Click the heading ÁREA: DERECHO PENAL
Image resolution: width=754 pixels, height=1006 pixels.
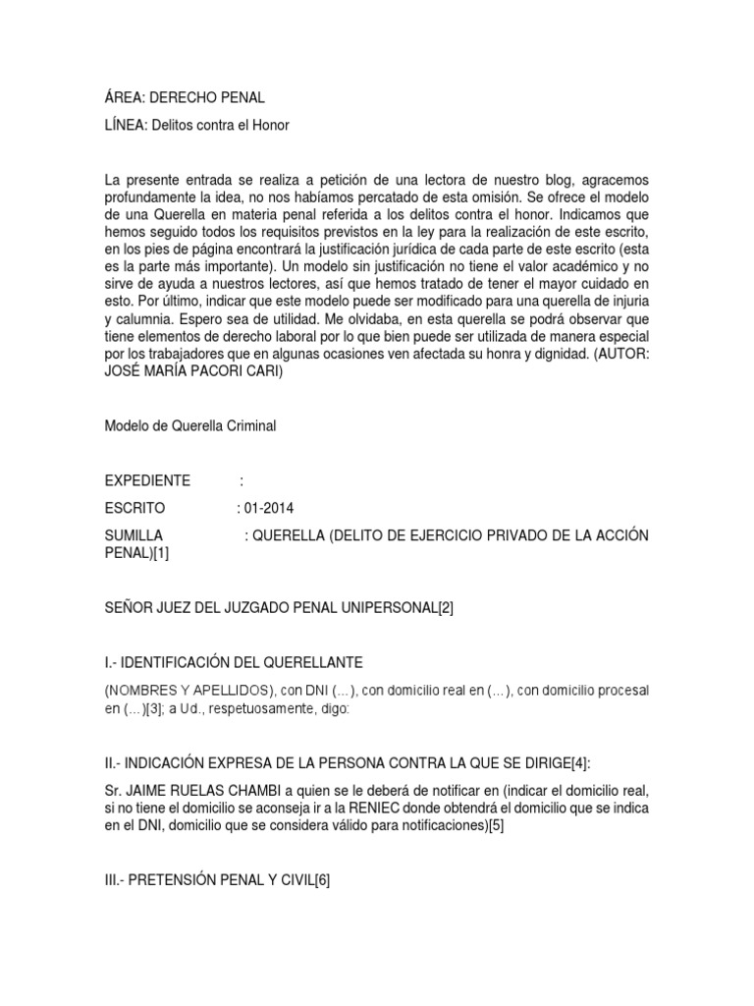point(185,98)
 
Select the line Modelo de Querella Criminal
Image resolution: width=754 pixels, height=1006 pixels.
point(190,425)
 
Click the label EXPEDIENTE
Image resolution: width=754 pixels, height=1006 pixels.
point(147,480)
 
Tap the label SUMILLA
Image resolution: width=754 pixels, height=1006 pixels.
point(134,535)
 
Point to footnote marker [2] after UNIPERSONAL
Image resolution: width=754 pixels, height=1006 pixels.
point(446,608)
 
